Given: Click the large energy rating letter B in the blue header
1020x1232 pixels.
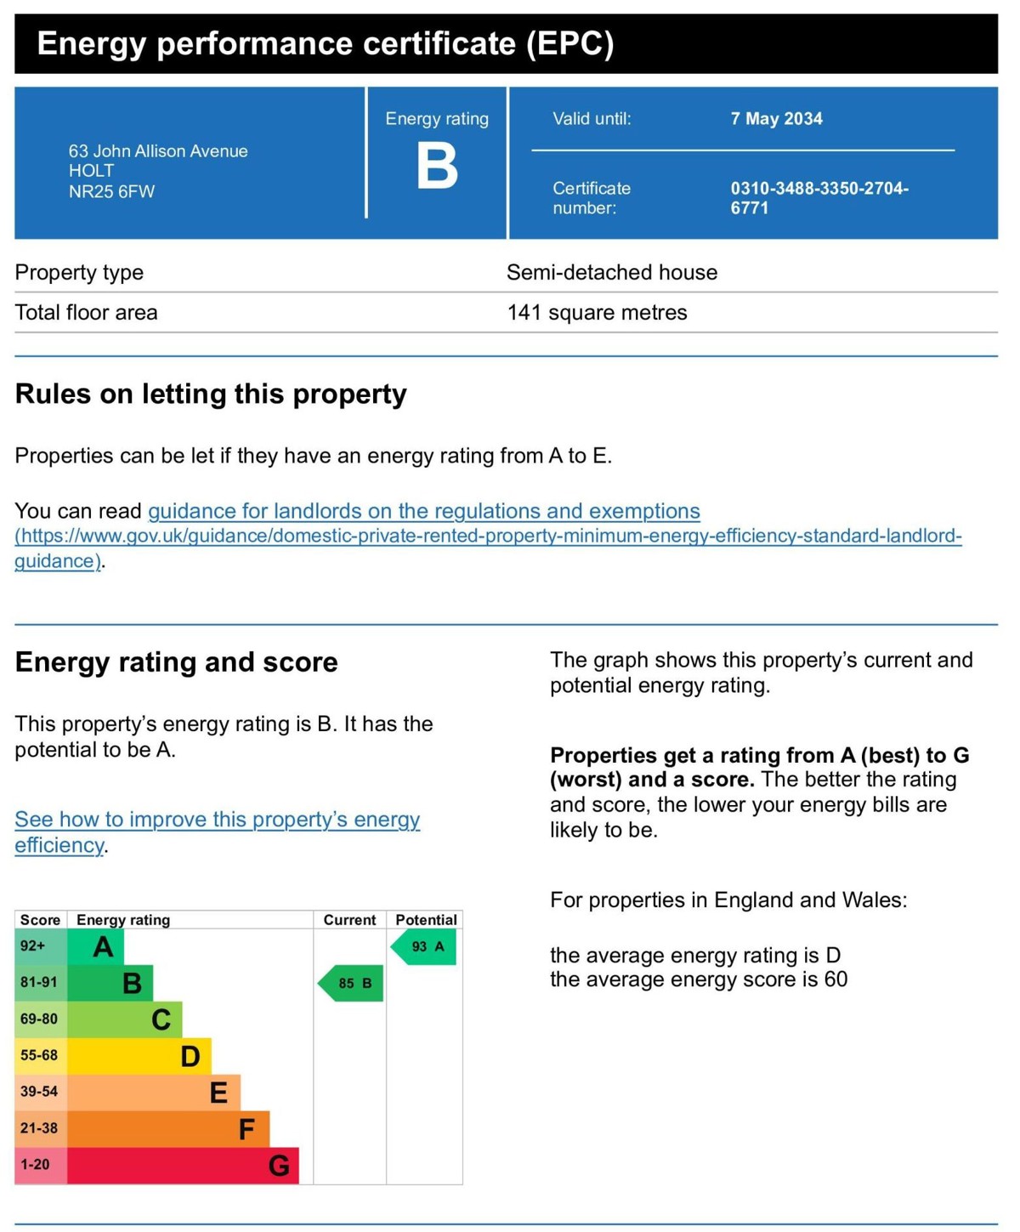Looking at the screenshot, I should [x=437, y=166].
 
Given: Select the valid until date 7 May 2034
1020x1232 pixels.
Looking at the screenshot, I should [x=776, y=119].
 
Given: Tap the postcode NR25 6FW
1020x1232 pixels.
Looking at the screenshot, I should [x=111, y=192].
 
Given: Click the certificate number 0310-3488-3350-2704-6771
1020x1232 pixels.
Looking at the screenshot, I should [x=819, y=197].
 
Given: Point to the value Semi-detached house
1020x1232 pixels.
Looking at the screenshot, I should [x=612, y=273].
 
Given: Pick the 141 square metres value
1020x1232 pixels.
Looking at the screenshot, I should [x=597, y=313].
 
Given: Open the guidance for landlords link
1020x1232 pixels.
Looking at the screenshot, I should [x=423, y=511].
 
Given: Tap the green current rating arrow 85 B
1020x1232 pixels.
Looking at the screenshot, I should [x=352, y=984].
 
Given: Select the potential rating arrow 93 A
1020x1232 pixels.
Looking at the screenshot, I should [x=425, y=947].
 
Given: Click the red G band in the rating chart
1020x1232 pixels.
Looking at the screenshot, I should [x=183, y=1166].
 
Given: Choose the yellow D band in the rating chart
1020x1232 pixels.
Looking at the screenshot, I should [x=139, y=1056].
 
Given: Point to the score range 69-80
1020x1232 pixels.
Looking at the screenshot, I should [x=39, y=1019].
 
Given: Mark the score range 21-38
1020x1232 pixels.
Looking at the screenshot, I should [x=39, y=1129].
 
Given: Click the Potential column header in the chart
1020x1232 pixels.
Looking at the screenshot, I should [x=426, y=920].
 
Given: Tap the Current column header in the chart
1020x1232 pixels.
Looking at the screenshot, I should [x=349, y=920].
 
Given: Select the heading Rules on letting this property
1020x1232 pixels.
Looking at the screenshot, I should [x=211, y=395].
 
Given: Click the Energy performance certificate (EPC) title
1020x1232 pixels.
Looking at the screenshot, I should [x=325, y=43].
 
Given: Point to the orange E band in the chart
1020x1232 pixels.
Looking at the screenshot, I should [x=154, y=1093].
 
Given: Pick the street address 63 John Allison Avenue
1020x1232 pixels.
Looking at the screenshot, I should [x=158, y=151].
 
